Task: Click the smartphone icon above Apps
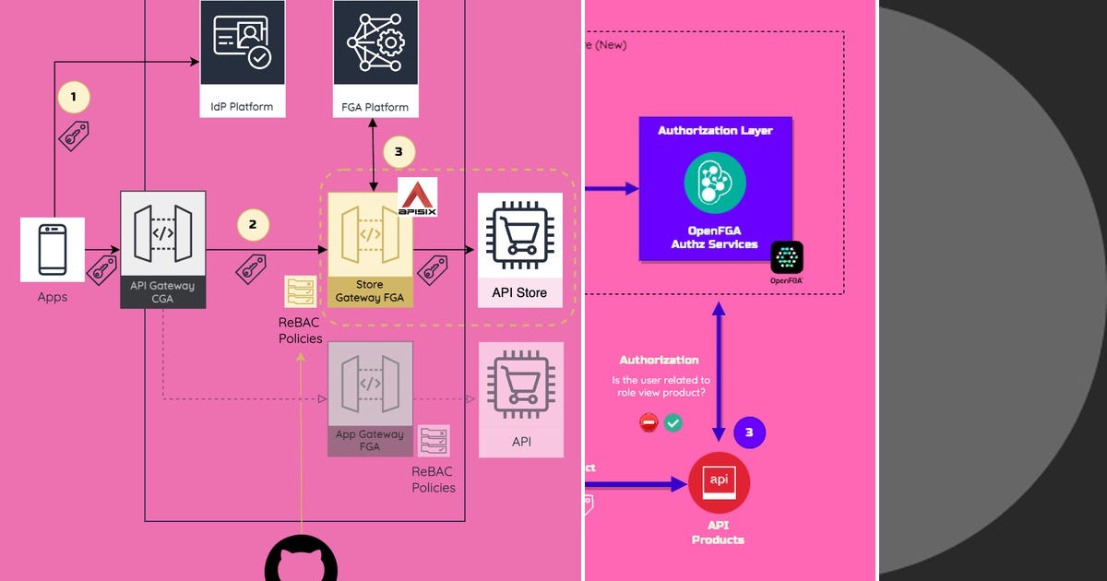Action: tap(53, 249)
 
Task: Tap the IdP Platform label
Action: tap(242, 107)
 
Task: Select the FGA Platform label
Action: tap(375, 107)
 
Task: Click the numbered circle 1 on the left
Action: tap(74, 96)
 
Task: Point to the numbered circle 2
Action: tap(253, 223)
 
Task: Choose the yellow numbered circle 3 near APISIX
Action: tap(399, 152)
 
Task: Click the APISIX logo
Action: tap(418, 198)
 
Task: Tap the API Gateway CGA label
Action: tap(162, 291)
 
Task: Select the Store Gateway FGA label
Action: tap(370, 291)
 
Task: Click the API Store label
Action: tap(518, 292)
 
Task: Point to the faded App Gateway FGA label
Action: tap(370, 440)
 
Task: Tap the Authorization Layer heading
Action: tap(715, 131)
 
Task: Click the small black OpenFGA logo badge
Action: tap(787, 259)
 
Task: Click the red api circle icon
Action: tap(719, 483)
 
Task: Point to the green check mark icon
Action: tap(673, 422)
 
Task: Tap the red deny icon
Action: tap(649, 422)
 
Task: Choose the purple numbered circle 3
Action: tap(749, 432)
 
